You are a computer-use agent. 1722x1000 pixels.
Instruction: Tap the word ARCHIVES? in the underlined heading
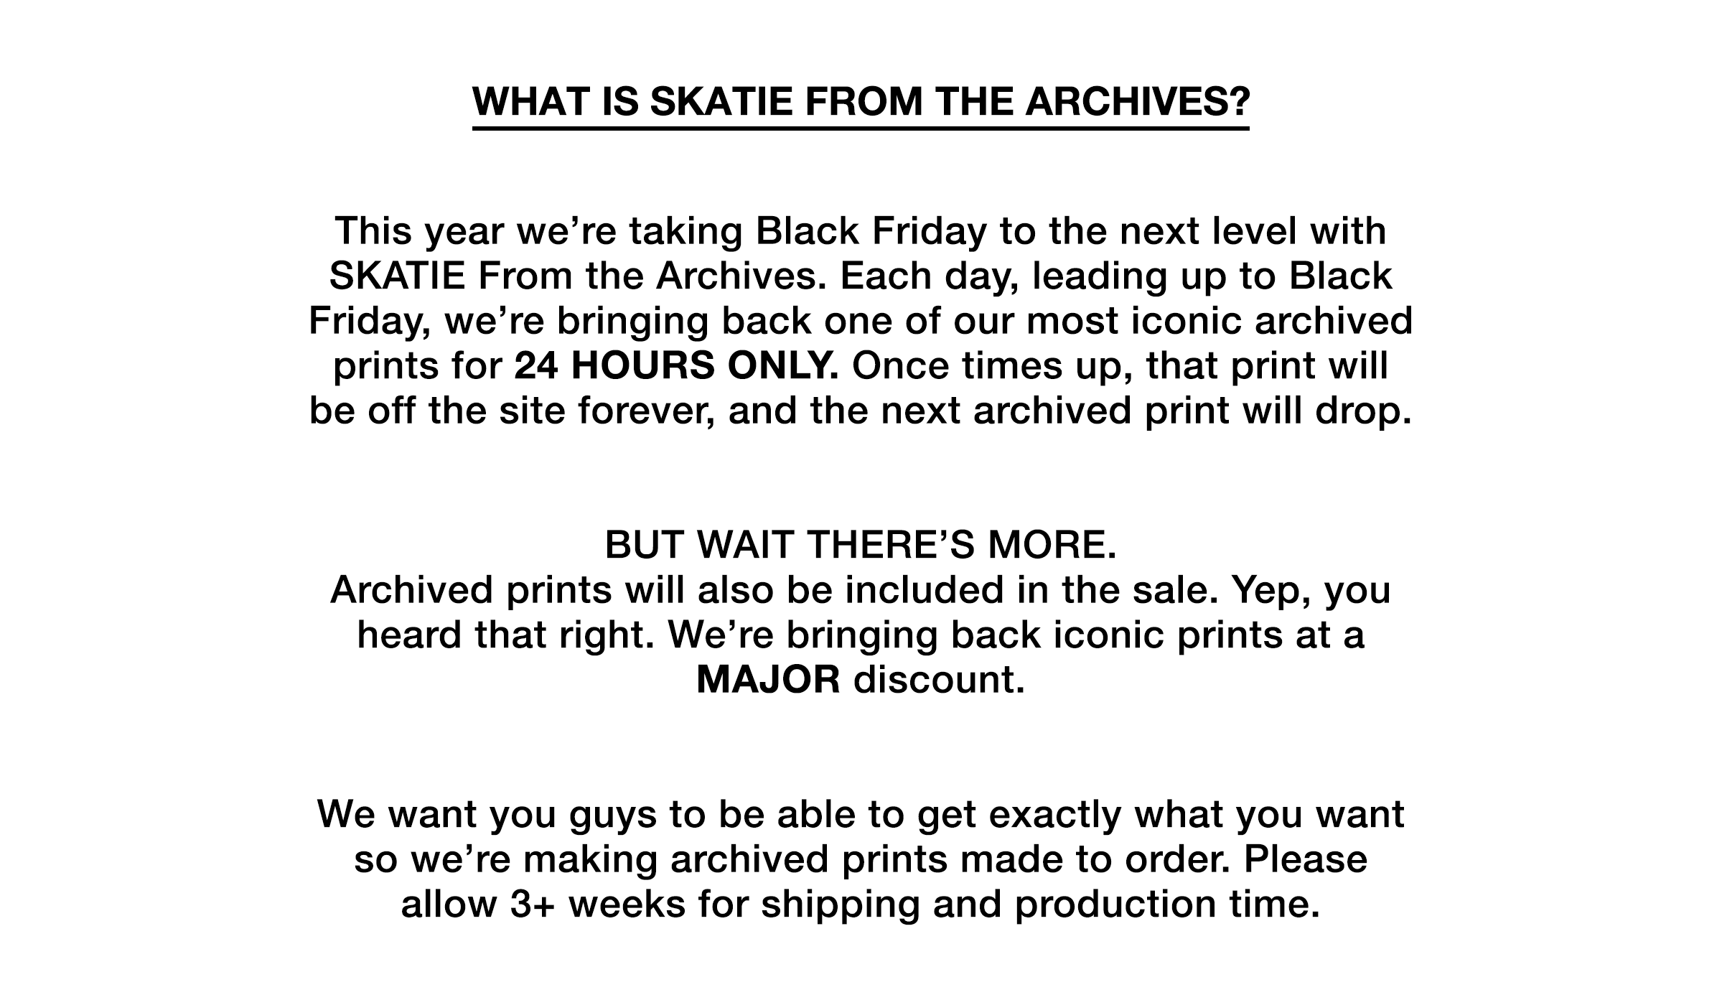[x=1137, y=101]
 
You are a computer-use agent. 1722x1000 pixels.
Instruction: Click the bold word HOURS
[x=642, y=366]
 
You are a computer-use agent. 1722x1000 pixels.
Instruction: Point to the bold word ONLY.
[x=783, y=366]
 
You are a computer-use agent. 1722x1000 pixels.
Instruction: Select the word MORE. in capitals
[x=1052, y=545]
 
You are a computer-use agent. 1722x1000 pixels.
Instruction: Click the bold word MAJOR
[x=768, y=680]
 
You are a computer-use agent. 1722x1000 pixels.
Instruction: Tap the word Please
[x=1306, y=860]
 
